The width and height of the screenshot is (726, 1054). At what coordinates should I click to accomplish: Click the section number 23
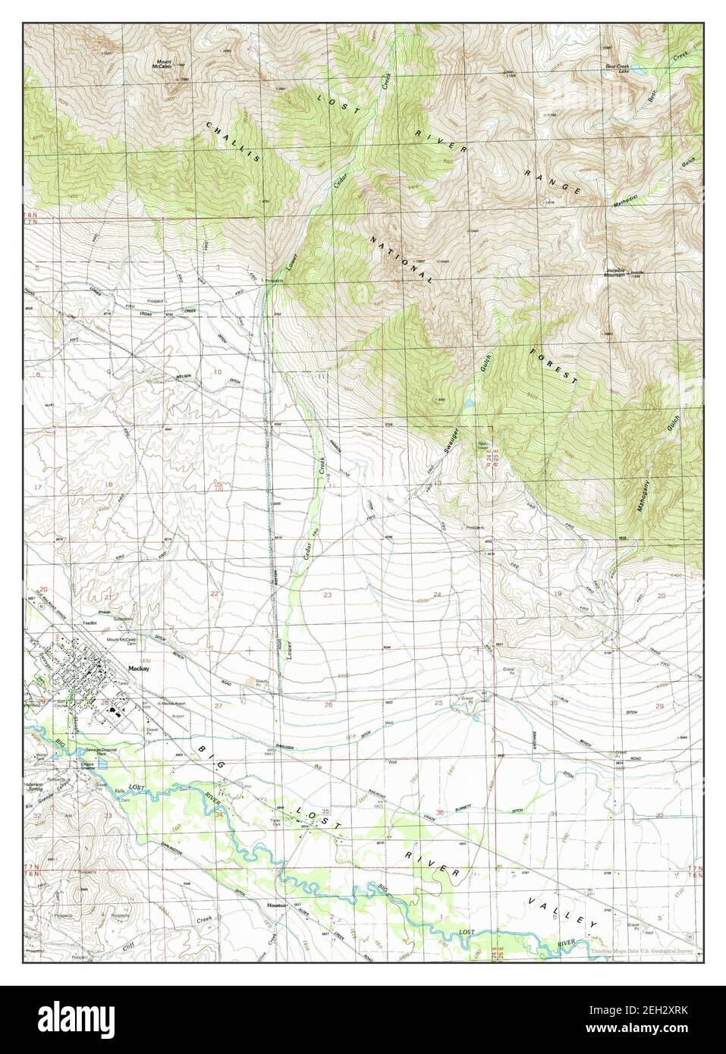(x=328, y=595)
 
